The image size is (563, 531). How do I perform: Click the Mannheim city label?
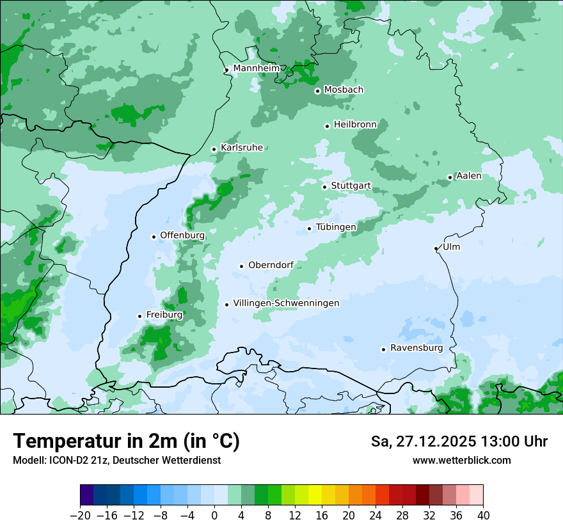coord(256,68)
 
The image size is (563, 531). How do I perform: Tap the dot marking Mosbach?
coord(317,91)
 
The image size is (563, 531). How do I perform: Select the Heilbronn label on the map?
coord(355,125)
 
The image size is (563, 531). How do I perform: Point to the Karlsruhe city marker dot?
coord(214,149)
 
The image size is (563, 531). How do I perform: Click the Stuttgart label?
coord(351,186)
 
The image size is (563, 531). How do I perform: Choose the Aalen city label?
coord(469,176)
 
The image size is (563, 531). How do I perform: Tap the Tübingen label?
coord(336,227)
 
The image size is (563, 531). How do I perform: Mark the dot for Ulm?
coord(436,248)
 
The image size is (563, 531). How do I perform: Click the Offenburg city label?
coord(182,235)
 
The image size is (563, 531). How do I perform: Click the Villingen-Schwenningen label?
coord(286,303)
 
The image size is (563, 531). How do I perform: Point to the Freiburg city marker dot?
coord(139,316)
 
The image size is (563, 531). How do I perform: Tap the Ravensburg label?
coord(416,348)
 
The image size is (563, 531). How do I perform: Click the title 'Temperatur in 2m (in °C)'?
coord(126,441)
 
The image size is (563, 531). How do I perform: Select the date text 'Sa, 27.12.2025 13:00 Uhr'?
coord(459,441)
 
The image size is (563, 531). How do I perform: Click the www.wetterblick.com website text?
coord(461,460)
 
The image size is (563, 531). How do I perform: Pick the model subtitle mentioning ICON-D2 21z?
coord(116,460)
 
